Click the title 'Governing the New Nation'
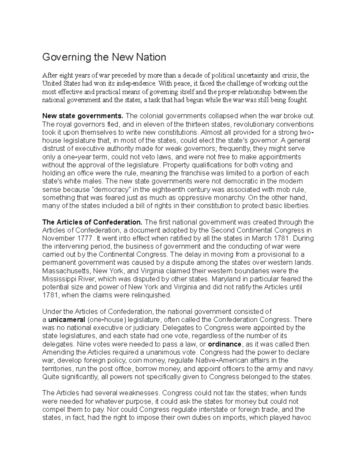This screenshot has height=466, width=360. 104,57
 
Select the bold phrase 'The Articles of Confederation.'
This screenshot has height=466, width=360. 92,222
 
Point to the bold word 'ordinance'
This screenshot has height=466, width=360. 224,344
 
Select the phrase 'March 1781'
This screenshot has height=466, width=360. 272,239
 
